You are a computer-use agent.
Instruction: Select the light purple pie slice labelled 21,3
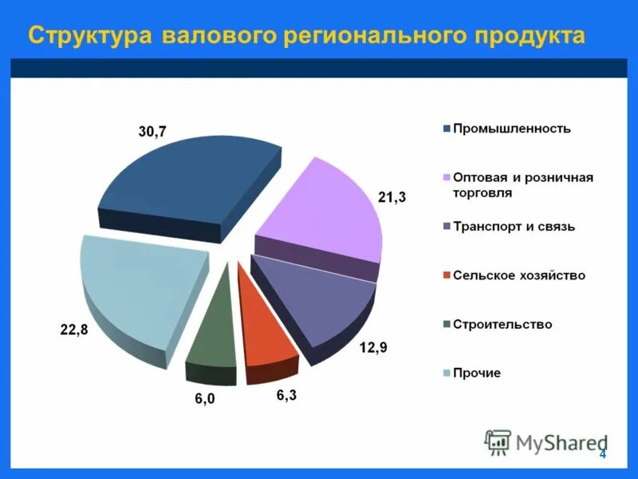point(323,212)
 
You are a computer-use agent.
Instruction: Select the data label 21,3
point(392,197)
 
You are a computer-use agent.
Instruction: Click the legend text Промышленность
point(511,129)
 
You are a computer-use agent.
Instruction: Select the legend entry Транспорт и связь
point(514,227)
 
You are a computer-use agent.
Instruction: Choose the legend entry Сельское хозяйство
point(518,275)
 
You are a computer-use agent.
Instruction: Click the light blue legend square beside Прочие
point(447,373)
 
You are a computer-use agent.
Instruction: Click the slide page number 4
point(603,454)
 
